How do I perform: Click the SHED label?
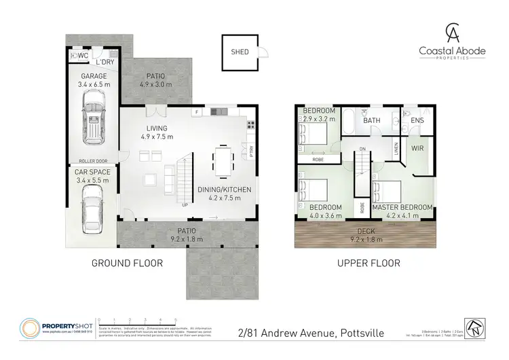click(239, 52)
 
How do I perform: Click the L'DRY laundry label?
click(105, 62)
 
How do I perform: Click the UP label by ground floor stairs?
click(185, 204)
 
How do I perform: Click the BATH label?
click(371, 121)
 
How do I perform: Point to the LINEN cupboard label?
click(396, 147)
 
